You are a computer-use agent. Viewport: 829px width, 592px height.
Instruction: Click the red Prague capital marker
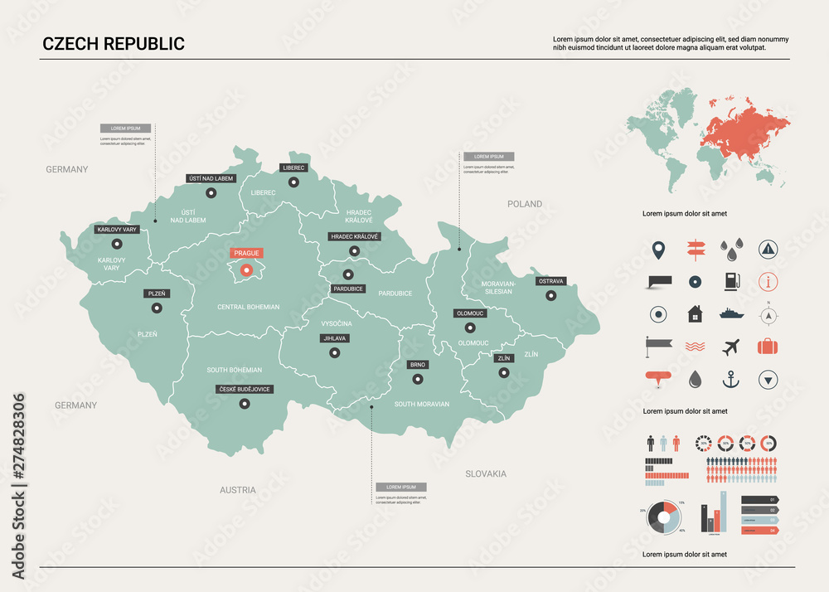click(x=245, y=269)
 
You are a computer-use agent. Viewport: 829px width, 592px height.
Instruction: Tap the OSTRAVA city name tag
click(x=550, y=281)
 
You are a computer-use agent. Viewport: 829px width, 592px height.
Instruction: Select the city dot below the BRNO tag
click(x=418, y=379)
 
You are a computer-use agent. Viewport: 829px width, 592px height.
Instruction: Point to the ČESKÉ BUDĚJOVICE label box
click(x=245, y=389)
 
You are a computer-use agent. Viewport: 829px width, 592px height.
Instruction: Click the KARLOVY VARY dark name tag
click(x=117, y=229)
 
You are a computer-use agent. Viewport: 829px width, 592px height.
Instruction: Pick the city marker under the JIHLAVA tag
click(x=334, y=352)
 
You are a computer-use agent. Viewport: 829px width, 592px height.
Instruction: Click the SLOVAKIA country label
click(x=485, y=473)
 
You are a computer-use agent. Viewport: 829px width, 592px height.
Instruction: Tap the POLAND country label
click(x=525, y=203)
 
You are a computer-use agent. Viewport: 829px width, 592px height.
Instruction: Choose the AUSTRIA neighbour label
click(x=238, y=490)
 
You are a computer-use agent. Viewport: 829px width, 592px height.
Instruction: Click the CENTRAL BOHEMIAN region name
click(x=248, y=307)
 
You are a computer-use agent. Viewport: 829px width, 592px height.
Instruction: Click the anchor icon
click(x=730, y=380)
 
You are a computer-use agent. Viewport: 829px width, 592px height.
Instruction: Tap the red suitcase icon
click(x=768, y=347)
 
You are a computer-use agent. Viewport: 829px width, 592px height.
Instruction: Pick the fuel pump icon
click(x=730, y=281)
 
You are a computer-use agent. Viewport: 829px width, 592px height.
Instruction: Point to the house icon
click(x=694, y=314)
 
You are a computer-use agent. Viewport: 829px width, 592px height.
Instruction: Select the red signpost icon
click(x=694, y=248)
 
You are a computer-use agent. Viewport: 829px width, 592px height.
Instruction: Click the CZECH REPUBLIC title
click(x=114, y=44)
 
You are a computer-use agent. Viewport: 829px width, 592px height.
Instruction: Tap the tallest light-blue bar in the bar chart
click(x=723, y=511)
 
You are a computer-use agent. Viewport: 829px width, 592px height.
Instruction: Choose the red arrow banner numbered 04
click(x=758, y=530)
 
